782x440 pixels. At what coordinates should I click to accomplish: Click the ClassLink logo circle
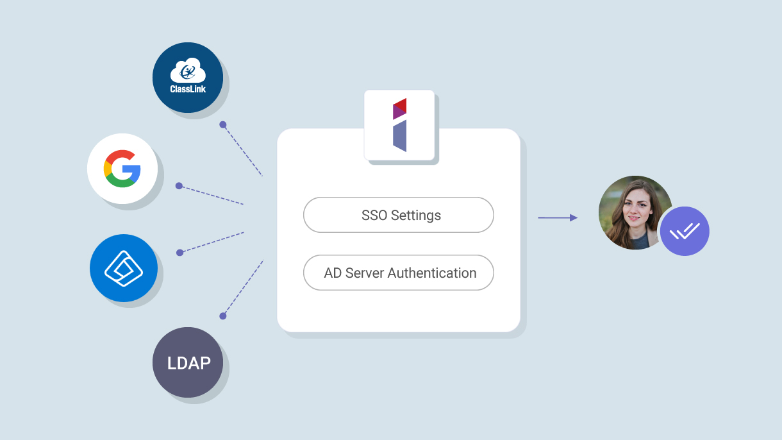pos(187,78)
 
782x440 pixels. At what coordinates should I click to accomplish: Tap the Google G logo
pos(122,169)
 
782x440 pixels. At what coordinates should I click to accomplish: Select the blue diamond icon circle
pos(124,268)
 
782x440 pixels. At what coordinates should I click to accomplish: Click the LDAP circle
pos(188,362)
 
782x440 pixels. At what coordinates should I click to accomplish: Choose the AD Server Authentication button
pos(398,273)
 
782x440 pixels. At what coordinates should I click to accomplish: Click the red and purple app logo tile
pos(399,125)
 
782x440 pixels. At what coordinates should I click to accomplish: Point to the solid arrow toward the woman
pos(557,218)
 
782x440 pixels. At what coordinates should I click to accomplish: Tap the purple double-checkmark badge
pos(685,232)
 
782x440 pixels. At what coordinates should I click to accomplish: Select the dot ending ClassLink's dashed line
pos(222,124)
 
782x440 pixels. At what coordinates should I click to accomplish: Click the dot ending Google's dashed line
pos(179,186)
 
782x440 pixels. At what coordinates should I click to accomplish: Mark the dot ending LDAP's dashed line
pos(223,316)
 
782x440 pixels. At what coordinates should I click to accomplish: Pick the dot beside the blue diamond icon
pos(180,253)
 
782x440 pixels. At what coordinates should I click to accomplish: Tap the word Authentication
pos(431,273)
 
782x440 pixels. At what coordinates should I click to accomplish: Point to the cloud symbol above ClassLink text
pos(187,70)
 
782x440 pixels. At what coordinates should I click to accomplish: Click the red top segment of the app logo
pos(400,105)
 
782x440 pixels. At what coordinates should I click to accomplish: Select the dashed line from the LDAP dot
pos(244,287)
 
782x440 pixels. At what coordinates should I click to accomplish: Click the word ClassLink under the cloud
pos(188,89)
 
